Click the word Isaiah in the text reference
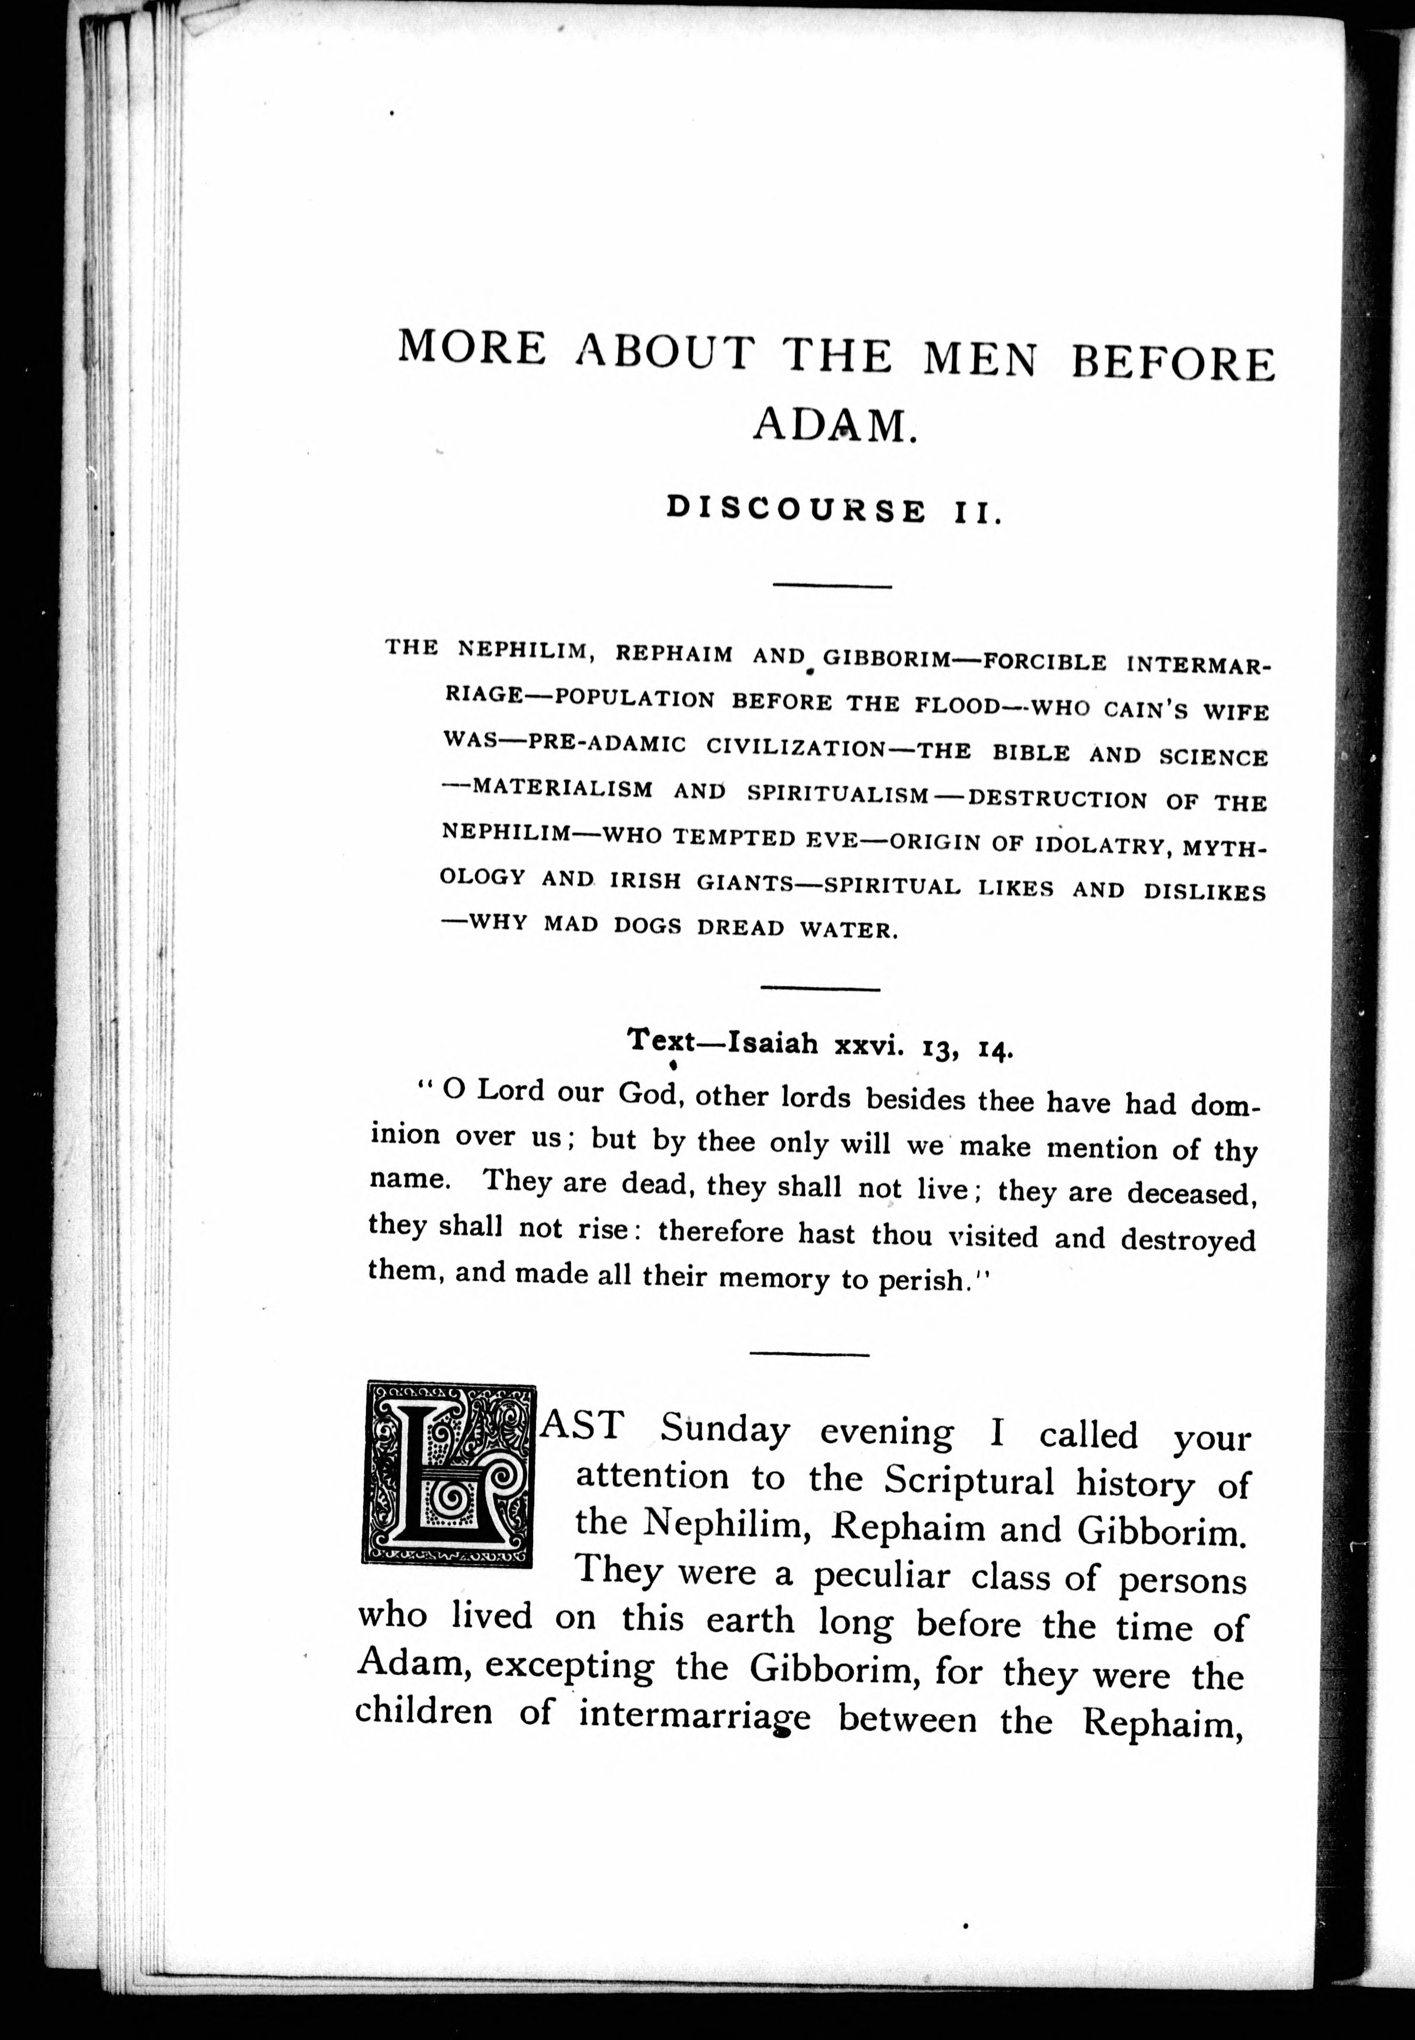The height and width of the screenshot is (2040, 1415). coord(772,1044)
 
